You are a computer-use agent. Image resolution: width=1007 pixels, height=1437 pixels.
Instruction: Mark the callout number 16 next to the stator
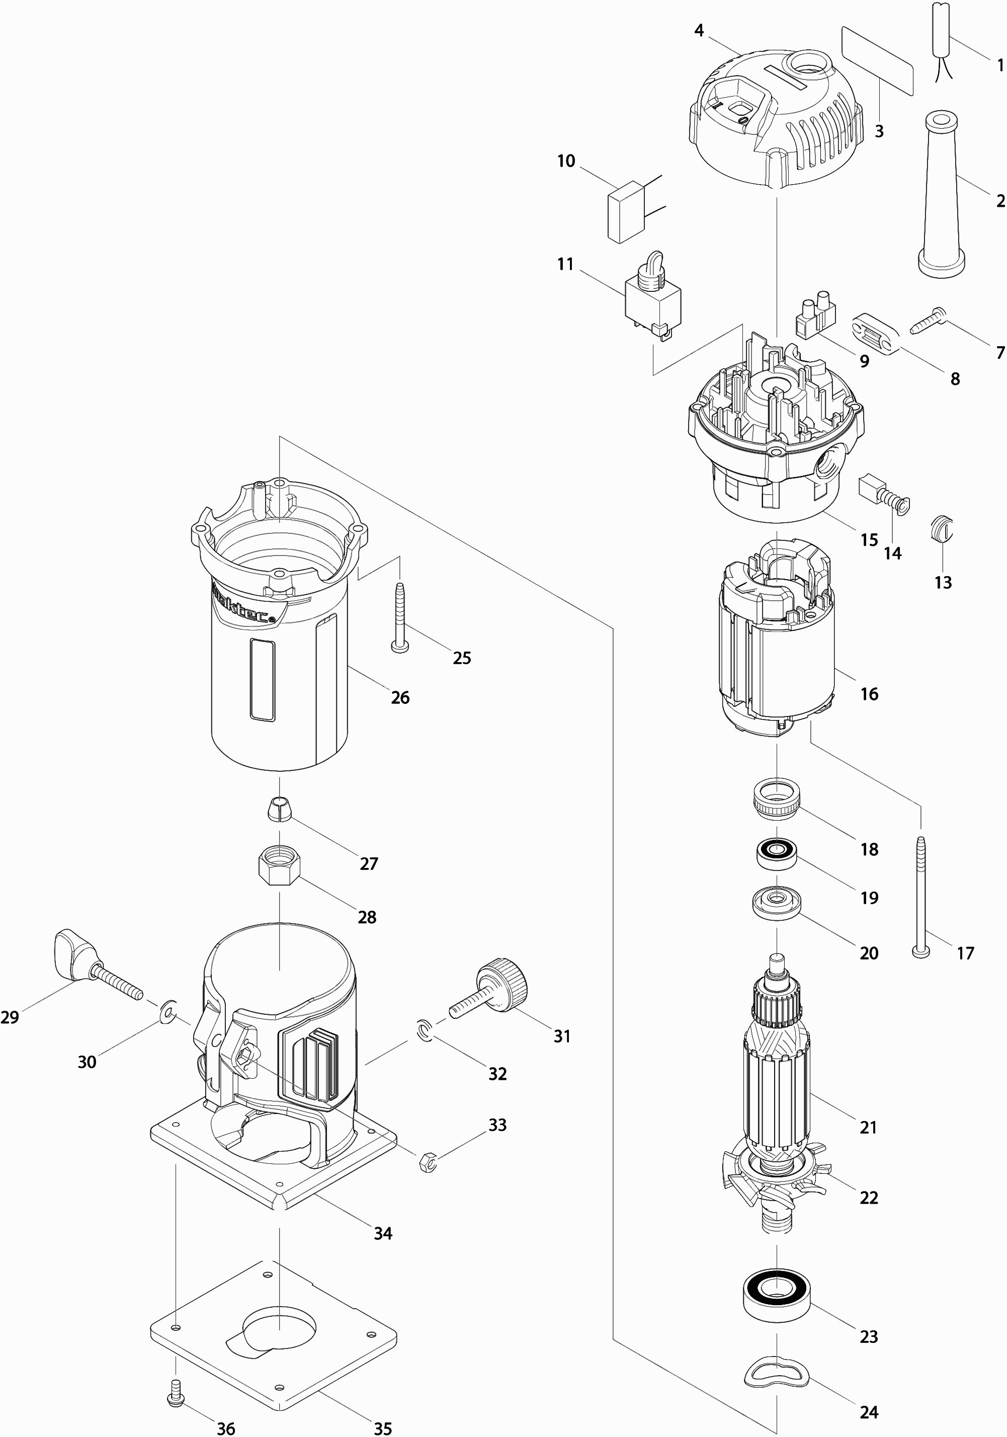point(869,693)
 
